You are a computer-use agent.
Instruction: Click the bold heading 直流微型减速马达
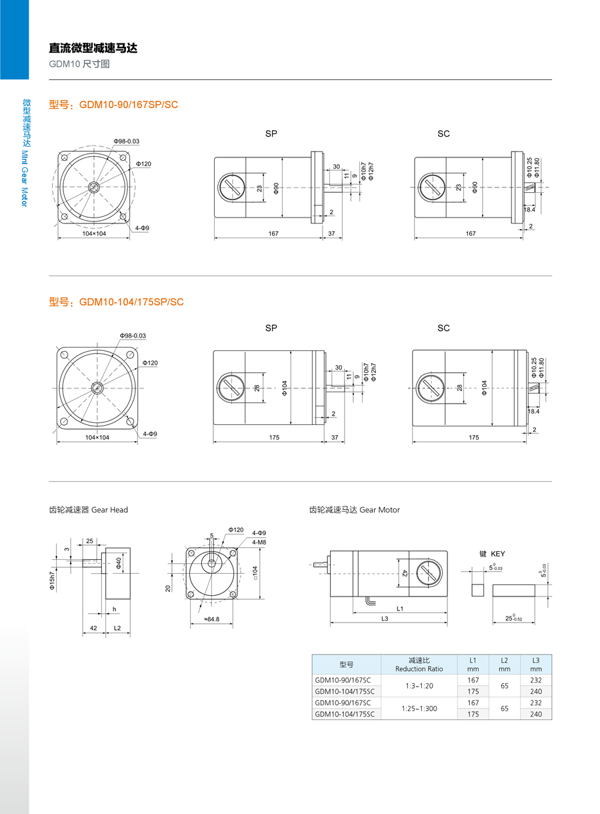coord(93,48)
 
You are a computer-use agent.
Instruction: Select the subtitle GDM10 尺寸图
coord(79,64)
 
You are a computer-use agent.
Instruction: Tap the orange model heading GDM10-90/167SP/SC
coord(113,105)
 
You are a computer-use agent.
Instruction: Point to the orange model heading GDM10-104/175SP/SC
coord(116,302)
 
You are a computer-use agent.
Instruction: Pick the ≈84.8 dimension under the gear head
coord(212,619)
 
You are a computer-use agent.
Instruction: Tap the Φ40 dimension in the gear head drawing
coord(119,564)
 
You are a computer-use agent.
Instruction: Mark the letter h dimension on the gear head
coord(114,608)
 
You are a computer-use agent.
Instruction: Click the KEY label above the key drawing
coord(497,554)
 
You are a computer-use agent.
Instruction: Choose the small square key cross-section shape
coord(477,590)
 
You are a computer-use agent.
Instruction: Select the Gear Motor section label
coord(354,510)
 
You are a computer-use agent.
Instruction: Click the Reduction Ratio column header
coord(419,665)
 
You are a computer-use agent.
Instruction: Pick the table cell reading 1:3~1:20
coord(419,686)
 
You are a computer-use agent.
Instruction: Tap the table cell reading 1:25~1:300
coord(419,708)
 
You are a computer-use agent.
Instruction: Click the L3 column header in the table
coord(536,665)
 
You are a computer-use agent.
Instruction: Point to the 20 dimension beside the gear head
coord(169,588)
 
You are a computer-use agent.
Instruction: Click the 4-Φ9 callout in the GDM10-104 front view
coord(149,434)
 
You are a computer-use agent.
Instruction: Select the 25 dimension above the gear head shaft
coord(89,540)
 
